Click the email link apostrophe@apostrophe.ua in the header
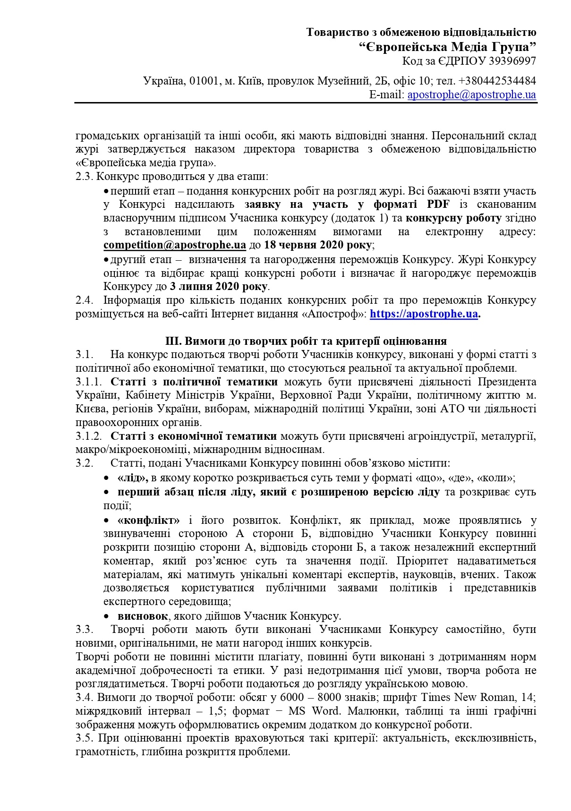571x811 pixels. tap(471, 94)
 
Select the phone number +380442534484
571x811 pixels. tap(497, 81)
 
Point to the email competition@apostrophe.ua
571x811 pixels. tap(175, 245)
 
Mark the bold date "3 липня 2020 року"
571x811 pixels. tap(220, 286)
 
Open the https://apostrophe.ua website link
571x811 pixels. tap(424, 314)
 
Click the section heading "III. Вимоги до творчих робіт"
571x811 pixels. tap(306, 341)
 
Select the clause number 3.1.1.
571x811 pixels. tap(89, 382)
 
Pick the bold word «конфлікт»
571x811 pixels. tap(149, 520)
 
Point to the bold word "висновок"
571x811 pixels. tap(143, 616)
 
